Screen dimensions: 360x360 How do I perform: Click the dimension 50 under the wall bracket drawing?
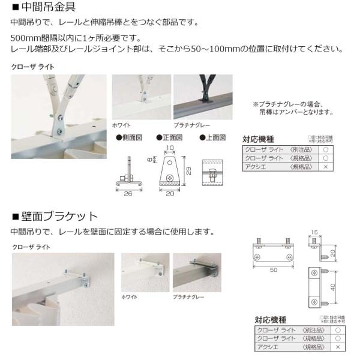click(274, 271)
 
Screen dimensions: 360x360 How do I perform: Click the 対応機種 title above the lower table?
click(271, 320)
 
